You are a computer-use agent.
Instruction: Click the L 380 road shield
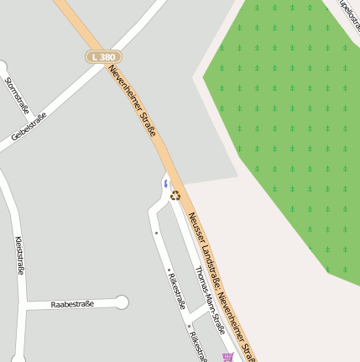click(103, 57)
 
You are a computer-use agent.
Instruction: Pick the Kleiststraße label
click(19, 255)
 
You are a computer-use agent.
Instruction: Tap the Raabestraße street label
click(72, 304)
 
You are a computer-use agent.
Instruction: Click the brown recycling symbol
click(175, 196)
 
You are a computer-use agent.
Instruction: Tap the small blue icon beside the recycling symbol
click(166, 181)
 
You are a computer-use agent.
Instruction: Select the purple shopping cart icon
click(227, 357)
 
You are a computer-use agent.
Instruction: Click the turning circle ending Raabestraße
click(123, 302)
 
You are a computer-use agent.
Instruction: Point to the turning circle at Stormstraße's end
click(2, 66)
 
